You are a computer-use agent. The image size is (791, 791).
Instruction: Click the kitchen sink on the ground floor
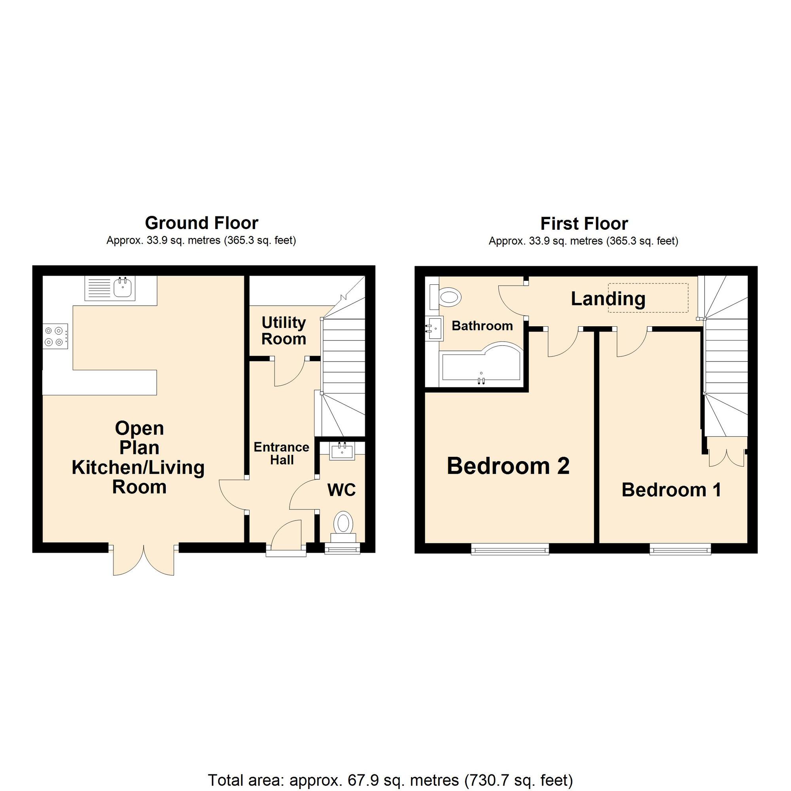[x=110, y=289]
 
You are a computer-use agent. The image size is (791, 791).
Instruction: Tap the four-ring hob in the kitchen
[x=57, y=336]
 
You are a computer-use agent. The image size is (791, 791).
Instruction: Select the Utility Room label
[x=284, y=331]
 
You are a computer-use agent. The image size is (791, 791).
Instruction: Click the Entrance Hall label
[x=281, y=453]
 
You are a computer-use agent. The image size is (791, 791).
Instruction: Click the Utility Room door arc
[x=290, y=372]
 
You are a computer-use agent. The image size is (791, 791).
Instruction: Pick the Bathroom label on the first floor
[x=482, y=326]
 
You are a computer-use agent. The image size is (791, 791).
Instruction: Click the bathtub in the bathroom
[x=481, y=365]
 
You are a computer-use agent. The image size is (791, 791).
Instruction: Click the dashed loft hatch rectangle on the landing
[x=648, y=298]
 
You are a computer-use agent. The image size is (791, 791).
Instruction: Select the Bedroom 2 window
[x=510, y=549]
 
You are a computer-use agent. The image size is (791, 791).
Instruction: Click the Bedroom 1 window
[x=680, y=549]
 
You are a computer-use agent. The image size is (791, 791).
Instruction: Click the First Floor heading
[x=584, y=224]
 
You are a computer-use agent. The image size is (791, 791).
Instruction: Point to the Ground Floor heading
[x=201, y=223]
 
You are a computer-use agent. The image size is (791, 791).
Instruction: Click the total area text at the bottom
[x=390, y=768]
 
